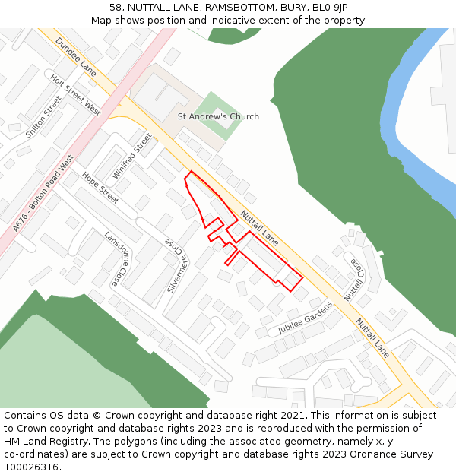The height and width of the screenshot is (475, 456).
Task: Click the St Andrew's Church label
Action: [x=218, y=116]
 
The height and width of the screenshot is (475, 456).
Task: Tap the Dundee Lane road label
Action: [x=76, y=59]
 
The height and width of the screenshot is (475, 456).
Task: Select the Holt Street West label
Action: [x=75, y=95]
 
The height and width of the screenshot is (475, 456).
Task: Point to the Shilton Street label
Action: [x=43, y=116]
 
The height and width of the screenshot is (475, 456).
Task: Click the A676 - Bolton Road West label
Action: [x=43, y=194]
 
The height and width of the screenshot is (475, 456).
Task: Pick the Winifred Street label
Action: [x=132, y=156]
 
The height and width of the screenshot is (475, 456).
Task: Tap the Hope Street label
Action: [x=100, y=188]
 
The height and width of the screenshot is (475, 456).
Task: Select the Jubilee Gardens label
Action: [x=306, y=318]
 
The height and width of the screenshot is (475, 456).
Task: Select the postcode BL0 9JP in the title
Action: [x=329, y=7]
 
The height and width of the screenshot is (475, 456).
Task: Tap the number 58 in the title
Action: [x=116, y=7]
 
